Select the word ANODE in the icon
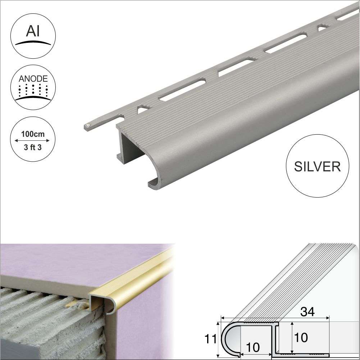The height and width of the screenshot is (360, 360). (32, 78)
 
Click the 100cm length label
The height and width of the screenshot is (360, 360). (32, 134)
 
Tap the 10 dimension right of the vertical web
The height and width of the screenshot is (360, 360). (301, 338)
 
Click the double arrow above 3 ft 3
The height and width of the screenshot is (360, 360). (32, 141)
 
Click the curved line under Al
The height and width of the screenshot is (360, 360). (32, 42)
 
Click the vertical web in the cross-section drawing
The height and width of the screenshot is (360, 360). (277, 337)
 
